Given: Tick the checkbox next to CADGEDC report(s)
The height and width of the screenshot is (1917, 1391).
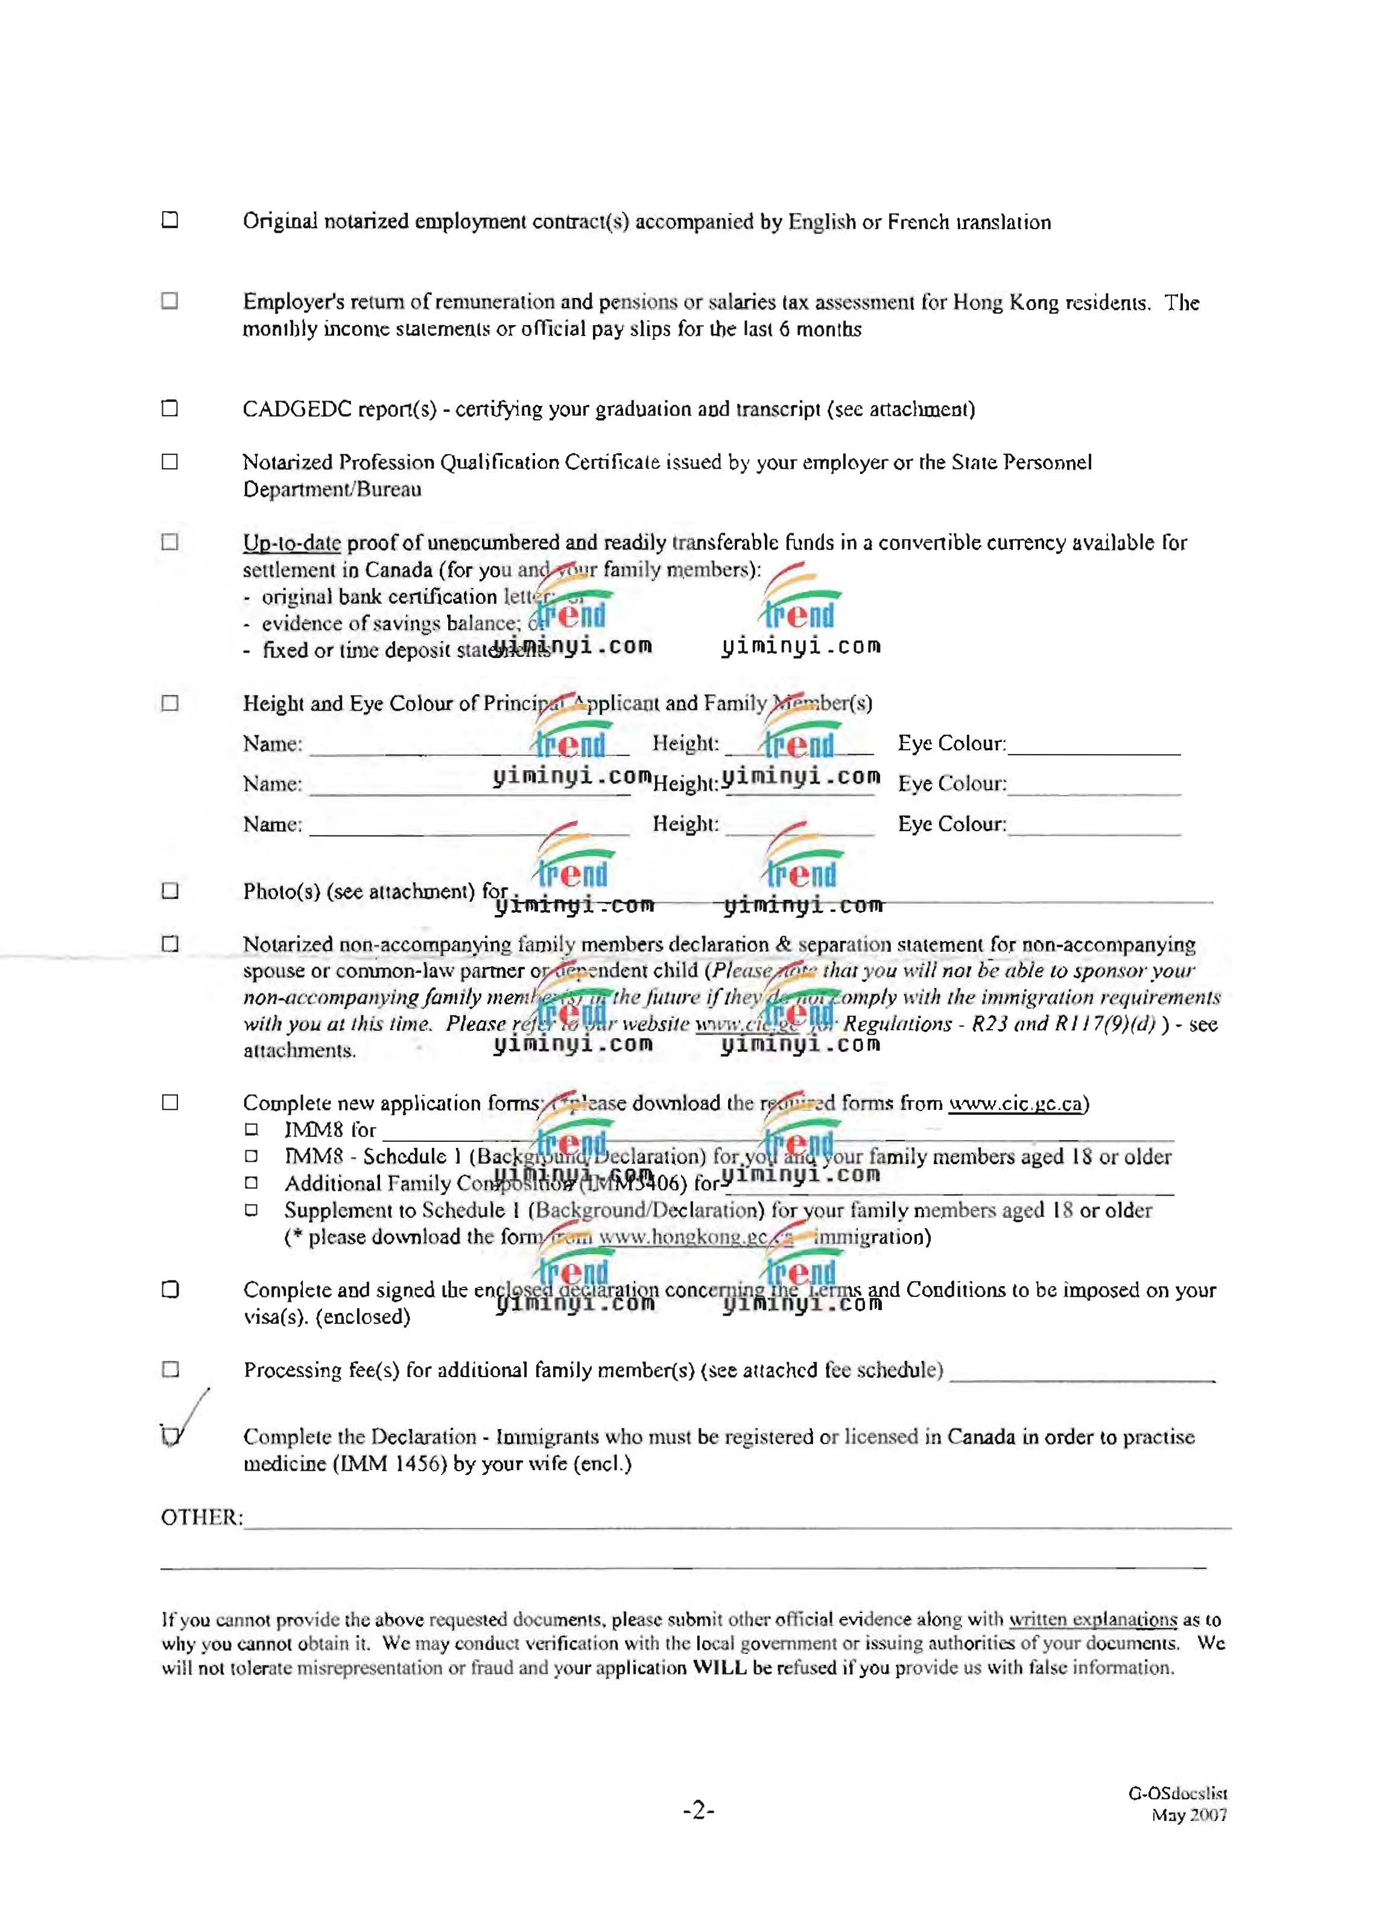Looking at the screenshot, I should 170,408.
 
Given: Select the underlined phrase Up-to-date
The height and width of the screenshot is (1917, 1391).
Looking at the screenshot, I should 291,543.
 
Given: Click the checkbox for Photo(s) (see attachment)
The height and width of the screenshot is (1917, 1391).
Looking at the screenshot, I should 170,891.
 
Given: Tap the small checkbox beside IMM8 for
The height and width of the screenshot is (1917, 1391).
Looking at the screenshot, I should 251,1129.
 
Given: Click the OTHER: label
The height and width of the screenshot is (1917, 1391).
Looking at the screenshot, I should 201,1517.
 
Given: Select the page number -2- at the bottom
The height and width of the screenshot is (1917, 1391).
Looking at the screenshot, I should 698,1810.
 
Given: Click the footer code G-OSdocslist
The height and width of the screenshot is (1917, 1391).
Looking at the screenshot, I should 1177,1793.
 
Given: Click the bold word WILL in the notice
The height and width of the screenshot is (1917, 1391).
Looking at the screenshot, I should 719,1668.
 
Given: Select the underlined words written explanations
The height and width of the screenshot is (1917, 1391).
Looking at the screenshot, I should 1092,1620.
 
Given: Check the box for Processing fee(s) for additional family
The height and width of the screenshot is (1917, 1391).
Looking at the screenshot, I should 170,1369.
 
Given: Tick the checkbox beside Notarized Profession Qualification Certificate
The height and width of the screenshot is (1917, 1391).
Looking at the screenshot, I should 170,461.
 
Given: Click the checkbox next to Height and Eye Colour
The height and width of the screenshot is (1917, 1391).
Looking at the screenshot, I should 170,703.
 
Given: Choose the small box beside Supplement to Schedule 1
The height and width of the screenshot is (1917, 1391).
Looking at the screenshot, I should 251,1209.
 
